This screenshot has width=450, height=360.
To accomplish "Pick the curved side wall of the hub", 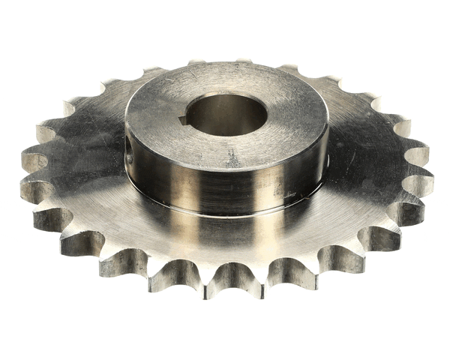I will (x=225, y=191).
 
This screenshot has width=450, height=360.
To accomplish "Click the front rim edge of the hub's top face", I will (x=225, y=168).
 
